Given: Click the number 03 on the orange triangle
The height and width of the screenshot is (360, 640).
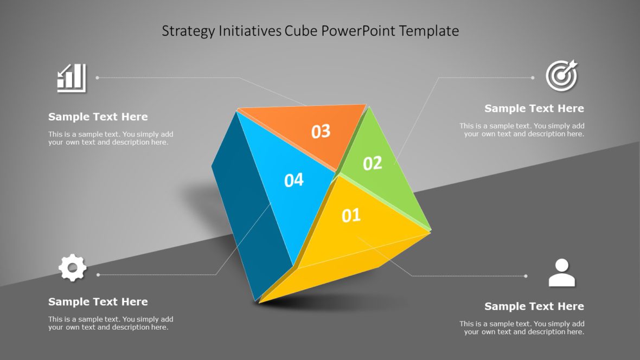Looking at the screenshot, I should tap(321, 131).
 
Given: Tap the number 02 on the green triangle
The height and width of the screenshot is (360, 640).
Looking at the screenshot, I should tap(373, 163).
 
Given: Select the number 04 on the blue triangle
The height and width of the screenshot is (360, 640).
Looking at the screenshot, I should tap(294, 180).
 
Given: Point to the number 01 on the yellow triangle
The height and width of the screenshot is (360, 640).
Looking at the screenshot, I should tap(351, 216).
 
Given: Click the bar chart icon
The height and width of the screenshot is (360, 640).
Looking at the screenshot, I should tap(72, 78).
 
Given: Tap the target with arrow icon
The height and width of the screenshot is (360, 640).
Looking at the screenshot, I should tap(561, 75).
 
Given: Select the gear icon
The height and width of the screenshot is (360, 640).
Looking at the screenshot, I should tap(72, 268).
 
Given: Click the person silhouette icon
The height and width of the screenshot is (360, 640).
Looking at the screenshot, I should tap(561, 273).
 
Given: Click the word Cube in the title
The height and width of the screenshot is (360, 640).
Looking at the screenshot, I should tap(302, 31).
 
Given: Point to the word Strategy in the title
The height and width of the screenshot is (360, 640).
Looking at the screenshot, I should tap(188, 31).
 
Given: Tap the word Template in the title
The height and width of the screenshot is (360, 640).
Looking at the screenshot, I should tap(429, 31).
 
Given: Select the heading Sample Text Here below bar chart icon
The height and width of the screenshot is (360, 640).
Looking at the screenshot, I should tap(98, 117).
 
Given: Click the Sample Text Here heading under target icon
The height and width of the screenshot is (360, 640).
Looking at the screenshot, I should tap(534, 108).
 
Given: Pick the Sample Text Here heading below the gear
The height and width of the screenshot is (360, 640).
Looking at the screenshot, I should tap(98, 301).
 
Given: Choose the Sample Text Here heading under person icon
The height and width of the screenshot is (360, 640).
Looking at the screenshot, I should tap(534, 306).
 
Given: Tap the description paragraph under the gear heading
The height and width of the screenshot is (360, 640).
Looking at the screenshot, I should tap(111, 323).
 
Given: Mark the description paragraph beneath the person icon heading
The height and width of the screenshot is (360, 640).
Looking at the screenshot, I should tap(522, 327).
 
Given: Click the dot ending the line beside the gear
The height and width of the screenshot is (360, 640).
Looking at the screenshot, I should tap(98, 275).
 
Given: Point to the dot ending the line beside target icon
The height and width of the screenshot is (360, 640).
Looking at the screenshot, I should tap(533, 78).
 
